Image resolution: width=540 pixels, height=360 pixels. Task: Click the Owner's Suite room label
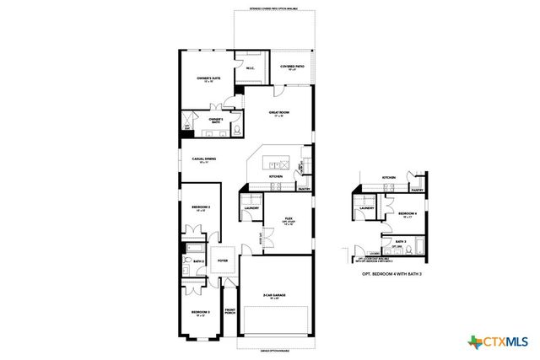coord(208,78)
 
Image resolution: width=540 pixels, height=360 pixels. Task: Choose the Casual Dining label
coord(203,160)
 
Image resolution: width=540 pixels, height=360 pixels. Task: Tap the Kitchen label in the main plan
coord(275,176)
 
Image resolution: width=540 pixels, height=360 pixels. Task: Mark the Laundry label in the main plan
coord(251,207)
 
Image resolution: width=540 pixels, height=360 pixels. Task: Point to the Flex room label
coord(288,218)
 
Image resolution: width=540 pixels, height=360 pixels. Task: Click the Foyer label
coord(224,261)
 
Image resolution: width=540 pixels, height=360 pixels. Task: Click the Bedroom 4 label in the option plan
coord(408,214)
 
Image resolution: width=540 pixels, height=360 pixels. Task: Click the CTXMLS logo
coord(497,341)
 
